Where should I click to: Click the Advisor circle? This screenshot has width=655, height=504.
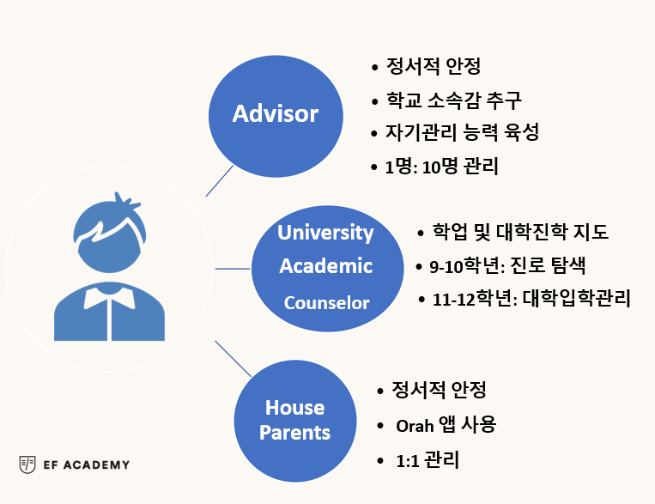click(x=276, y=116)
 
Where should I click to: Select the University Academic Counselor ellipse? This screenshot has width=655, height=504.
click(x=328, y=269)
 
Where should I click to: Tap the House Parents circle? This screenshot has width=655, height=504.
click(x=295, y=421)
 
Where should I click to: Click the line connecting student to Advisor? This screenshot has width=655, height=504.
click(x=220, y=180)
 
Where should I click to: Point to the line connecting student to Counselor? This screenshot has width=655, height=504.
click(x=233, y=269)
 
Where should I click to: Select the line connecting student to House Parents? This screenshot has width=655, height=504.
click(x=233, y=359)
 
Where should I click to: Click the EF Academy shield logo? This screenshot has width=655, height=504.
click(x=27, y=465)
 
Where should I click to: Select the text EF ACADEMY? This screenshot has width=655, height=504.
click(x=87, y=465)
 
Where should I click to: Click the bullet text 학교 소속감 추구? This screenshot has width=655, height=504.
click(x=453, y=100)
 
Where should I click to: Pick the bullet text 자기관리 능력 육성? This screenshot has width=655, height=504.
click(x=462, y=132)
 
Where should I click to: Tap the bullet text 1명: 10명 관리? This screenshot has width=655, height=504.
click(x=441, y=167)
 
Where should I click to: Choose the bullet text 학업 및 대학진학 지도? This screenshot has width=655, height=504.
click(x=520, y=232)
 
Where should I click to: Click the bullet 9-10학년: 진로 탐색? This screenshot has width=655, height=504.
click(x=507, y=265)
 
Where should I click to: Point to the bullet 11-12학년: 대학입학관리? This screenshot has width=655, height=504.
click(x=531, y=299)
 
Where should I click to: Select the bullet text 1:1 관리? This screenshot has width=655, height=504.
click(x=428, y=460)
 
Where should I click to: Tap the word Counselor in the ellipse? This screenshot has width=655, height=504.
click(x=327, y=303)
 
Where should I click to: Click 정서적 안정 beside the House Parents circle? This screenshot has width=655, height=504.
click(x=439, y=390)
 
